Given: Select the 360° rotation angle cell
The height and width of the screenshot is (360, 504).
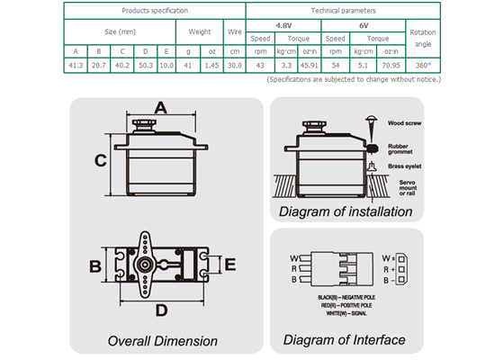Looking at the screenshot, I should click(421, 66).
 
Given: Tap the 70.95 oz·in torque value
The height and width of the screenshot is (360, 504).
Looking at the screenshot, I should click(391, 66).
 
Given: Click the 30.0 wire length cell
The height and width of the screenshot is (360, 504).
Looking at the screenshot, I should click(236, 66).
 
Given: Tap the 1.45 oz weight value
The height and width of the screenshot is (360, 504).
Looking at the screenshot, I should click(212, 66).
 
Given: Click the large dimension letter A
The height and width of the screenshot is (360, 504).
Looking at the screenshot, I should click(160, 108).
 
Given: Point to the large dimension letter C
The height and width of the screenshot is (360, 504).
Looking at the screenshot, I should click(101, 161).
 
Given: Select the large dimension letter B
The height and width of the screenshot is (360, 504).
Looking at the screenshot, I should click(94, 266).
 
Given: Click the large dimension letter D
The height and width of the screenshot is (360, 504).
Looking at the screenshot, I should click(161, 310).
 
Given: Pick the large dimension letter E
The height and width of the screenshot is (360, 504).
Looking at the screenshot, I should click(229, 265).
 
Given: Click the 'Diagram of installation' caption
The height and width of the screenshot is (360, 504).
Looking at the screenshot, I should click(346, 212).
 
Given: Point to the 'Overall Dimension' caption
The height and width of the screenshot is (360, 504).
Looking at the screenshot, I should click(162, 341).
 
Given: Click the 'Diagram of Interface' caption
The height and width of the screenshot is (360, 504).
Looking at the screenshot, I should click(344, 340).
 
